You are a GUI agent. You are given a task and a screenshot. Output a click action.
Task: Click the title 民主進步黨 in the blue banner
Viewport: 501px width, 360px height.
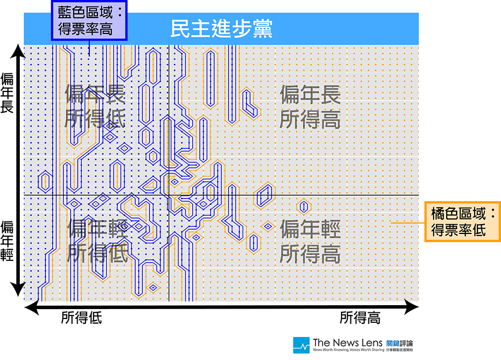[221, 28]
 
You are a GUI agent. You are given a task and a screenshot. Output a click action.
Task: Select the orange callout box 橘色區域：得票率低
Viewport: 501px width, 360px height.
[463, 221]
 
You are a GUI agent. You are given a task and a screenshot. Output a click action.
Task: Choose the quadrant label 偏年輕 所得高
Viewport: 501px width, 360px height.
[310, 241]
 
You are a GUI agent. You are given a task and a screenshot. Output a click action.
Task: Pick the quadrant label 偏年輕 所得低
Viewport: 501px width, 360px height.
[97, 241]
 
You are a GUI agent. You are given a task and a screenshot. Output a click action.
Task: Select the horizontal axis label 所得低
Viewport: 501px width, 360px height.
[82, 318]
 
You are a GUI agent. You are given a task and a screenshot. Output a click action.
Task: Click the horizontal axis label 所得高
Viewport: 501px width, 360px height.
[360, 318]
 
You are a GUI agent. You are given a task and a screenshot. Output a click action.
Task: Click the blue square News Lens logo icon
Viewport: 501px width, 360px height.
[301, 345]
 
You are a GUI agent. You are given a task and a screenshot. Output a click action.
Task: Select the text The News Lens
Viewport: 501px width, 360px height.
[347, 342]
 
